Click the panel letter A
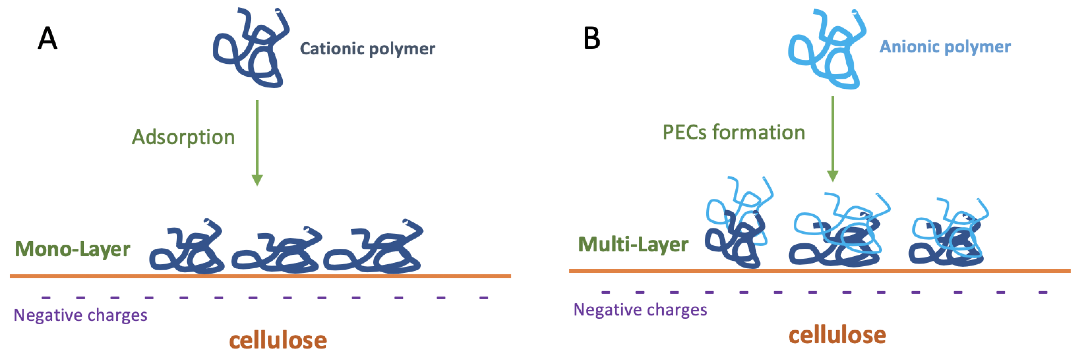[47, 38]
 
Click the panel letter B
[592, 38]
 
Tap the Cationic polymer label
[367, 49]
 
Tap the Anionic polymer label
[945, 46]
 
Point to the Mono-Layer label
[73, 249]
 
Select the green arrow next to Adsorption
[257, 142]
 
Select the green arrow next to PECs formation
[832, 138]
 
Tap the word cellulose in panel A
[277, 340]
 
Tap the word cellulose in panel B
[837, 335]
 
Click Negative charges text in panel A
[80, 315]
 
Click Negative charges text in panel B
[640, 310]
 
